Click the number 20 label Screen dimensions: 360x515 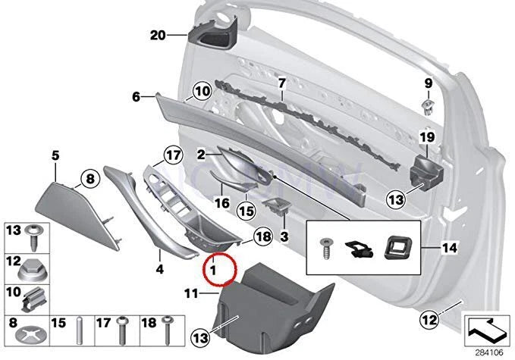pos(157,36)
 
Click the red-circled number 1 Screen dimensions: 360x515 pos(215,268)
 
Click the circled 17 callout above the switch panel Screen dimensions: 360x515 pos(174,157)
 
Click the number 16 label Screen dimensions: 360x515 pos(221,202)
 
